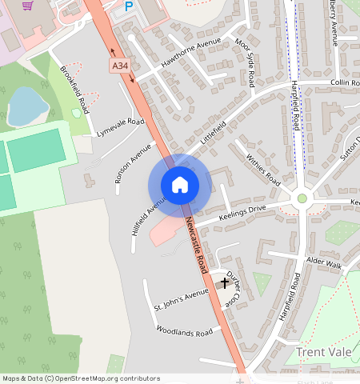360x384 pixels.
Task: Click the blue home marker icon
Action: coord(180,185)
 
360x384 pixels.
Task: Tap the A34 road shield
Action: coord(119,65)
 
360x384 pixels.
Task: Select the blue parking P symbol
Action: coord(128,6)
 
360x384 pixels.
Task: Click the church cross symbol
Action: coord(225,282)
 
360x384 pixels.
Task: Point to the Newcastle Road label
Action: coord(197,243)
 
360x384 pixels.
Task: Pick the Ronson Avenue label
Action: coord(133,163)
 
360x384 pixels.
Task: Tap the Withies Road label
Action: coord(262,167)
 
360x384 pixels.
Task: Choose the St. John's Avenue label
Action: coord(181,300)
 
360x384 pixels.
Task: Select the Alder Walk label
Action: coord(323,263)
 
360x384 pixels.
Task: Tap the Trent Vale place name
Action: coord(325,352)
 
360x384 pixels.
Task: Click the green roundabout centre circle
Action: coord(302,198)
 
